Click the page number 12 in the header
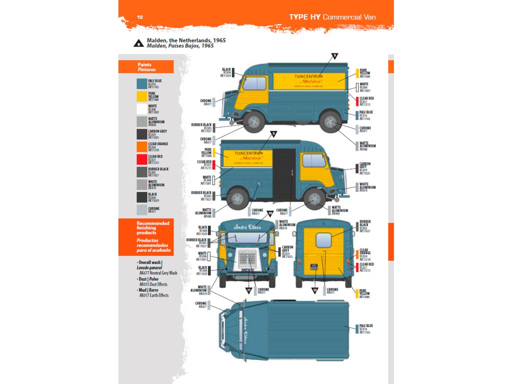[140, 17]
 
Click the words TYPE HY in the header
[304, 17]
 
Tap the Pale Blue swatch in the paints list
[142, 83]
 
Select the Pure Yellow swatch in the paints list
[142, 96]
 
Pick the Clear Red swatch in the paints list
[142, 159]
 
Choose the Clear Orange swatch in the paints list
[142, 147]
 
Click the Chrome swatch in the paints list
[142, 210]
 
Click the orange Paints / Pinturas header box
[146, 67]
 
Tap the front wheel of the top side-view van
[253, 121]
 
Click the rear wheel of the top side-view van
[330, 121]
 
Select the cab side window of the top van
[254, 83]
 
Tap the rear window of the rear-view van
[323, 240]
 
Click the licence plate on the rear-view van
[314, 267]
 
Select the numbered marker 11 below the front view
[248, 290]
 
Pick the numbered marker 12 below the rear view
[315, 290]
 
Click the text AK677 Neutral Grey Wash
[158, 273]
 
